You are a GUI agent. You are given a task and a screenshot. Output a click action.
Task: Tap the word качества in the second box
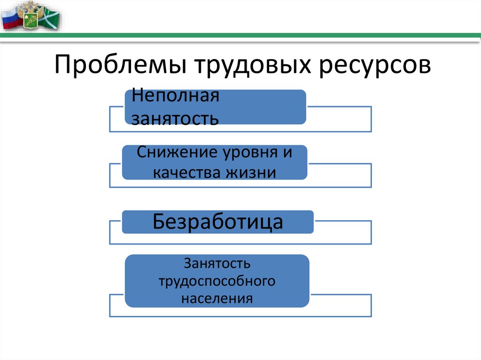[188, 172]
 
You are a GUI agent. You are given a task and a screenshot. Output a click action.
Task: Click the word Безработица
[218, 222]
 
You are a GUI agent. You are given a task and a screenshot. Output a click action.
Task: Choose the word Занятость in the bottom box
[217, 264]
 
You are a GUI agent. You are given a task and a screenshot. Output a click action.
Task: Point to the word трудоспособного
[217, 281]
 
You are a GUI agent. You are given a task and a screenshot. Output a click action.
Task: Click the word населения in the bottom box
[217, 298]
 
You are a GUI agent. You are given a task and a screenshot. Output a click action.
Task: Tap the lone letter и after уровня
[287, 153]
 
